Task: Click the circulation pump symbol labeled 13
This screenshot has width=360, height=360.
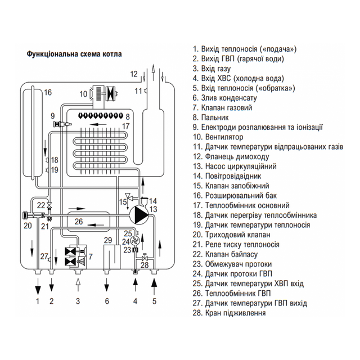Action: point(139,214)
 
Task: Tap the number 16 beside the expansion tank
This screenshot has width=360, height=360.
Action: point(48,92)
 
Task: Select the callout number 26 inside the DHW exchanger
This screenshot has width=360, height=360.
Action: point(79,222)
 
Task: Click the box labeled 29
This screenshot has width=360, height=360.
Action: point(112,257)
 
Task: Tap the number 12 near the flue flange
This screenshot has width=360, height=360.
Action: point(134,74)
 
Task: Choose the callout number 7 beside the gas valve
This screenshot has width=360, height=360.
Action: point(91,256)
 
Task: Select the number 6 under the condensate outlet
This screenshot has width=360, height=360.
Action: point(107,301)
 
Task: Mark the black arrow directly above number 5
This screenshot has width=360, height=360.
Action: point(154,285)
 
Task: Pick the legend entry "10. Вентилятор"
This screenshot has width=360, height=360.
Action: point(218,137)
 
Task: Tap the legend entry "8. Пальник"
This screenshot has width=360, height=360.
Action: point(210,118)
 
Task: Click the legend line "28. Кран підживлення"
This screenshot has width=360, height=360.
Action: point(229,313)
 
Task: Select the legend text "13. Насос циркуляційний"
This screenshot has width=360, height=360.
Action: point(235,166)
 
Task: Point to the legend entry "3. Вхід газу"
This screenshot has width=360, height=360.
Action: point(211,69)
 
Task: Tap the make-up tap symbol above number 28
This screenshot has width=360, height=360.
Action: point(145,258)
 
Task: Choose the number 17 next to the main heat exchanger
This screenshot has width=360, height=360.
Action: point(126,126)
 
